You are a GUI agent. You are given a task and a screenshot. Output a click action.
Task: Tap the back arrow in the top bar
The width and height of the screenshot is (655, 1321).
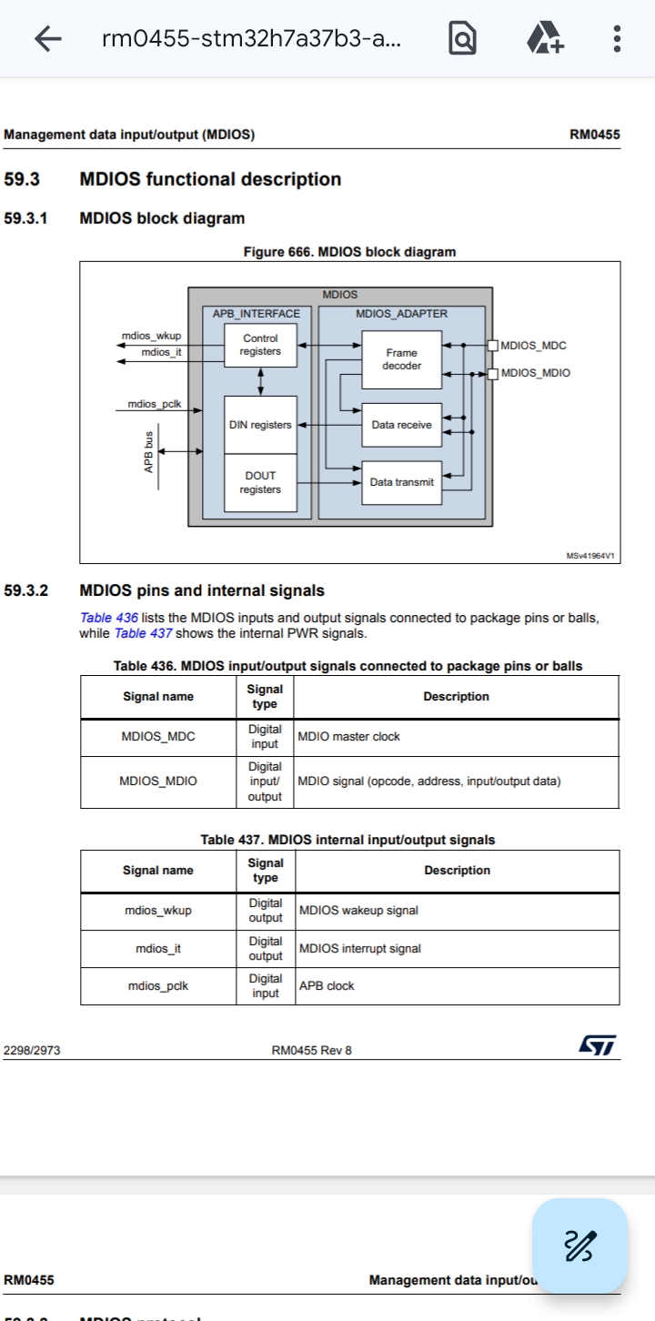pos(47,38)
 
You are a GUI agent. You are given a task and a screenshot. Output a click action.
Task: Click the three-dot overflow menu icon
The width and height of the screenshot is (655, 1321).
pos(617,38)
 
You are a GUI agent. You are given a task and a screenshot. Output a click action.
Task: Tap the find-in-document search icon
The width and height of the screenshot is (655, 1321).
pos(462,38)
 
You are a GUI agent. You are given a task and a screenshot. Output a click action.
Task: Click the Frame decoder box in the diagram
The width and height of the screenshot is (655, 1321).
pos(401,359)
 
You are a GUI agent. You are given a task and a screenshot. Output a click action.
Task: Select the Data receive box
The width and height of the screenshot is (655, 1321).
pos(401,425)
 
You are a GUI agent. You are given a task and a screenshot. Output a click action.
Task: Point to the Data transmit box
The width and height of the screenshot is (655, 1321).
pos(401,482)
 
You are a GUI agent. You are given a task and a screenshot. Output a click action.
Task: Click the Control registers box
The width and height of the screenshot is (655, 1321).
pos(260,345)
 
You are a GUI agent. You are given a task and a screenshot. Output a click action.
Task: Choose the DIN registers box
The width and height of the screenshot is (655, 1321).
pos(260,425)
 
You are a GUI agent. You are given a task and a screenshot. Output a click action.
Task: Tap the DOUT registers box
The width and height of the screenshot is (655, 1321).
pos(260,482)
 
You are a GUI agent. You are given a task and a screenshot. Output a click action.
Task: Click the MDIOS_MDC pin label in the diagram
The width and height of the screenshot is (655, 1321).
pos(533,346)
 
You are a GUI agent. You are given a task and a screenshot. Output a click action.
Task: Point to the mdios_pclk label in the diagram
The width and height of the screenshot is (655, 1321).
pos(154,404)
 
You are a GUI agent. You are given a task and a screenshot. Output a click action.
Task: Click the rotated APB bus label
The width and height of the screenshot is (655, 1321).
pos(148,451)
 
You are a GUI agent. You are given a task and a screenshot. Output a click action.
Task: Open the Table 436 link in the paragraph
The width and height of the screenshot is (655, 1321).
pos(109,618)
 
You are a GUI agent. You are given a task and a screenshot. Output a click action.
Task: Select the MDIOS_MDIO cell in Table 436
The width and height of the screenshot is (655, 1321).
pos(158,782)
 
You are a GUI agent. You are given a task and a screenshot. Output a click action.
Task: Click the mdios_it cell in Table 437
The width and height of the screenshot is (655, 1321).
pos(158,949)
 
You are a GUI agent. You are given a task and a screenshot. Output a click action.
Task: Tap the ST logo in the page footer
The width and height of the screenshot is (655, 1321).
pos(597,1046)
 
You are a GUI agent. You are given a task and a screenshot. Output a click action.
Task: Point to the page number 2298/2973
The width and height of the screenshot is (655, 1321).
pos(32,1051)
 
